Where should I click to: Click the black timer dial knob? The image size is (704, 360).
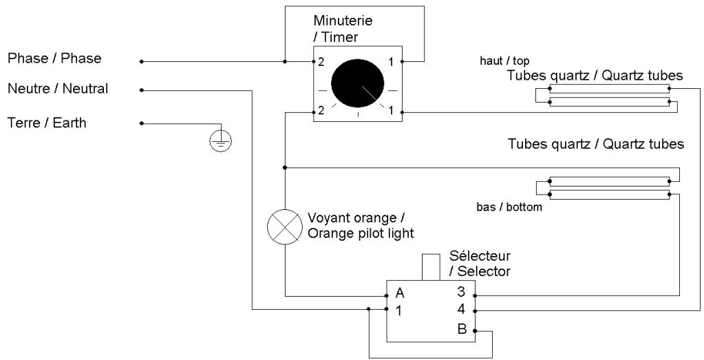tap(357, 83)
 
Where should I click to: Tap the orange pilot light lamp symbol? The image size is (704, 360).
tap(285, 226)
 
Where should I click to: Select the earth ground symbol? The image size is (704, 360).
tap(221, 141)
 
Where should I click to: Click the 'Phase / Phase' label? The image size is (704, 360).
tap(54, 59)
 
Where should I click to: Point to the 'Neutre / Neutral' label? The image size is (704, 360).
tap(58, 88)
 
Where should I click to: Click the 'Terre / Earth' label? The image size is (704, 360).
tap(47, 123)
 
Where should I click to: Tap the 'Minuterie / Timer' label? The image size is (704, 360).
tap(343, 28)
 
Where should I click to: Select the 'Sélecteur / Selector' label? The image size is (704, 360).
tap(480, 264)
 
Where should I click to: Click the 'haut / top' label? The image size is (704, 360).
tap(504, 61)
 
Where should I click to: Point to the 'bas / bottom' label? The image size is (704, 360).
tap(509, 207)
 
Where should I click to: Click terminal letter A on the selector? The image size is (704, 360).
tap(400, 293)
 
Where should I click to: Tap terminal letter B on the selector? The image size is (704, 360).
tap(462, 329)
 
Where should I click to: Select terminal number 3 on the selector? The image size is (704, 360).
tap(461, 292)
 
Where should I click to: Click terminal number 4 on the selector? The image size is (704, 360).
tap(461, 310)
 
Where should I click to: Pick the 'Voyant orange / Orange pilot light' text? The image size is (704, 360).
tap(361, 226)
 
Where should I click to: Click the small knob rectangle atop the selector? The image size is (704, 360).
tap(431, 268)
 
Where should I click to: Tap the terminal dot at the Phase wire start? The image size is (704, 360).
tap(142, 61)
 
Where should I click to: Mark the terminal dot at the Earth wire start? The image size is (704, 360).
tap(142, 123)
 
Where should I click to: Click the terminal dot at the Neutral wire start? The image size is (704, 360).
tap(142, 90)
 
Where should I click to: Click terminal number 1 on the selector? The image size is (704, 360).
tap(398, 311)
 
